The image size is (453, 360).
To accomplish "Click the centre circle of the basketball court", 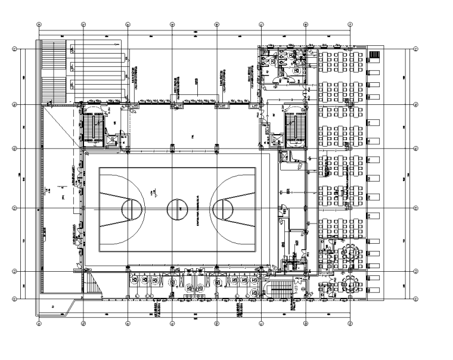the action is click(x=177, y=209).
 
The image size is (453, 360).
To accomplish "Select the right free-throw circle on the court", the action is click(x=222, y=209).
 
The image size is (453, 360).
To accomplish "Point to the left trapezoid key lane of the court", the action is click(x=116, y=209).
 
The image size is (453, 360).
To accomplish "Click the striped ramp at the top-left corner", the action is click(x=54, y=72).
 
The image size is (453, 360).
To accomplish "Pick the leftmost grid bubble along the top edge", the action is click(x=39, y=25).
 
